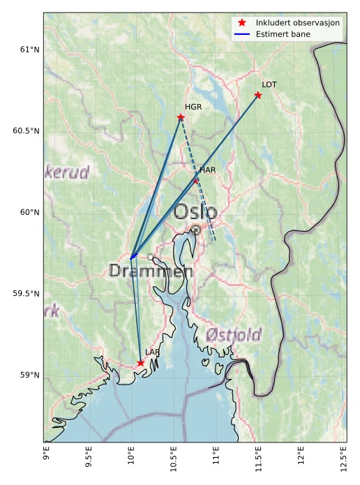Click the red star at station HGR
(181, 117)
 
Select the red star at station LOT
(258, 95)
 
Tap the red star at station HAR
(196, 180)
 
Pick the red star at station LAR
(140, 363)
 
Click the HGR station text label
(193, 107)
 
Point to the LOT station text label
(269, 84)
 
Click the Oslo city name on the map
(195, 211)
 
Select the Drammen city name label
(151, 271)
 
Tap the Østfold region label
(234, 334)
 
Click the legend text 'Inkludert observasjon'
(298, 23)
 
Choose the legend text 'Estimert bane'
(283, 34)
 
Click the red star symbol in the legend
(242, 23)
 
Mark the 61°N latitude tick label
(29, 50)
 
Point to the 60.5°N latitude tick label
(27, 131)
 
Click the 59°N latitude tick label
(29, 375)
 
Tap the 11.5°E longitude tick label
(258, 458)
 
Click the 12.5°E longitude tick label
(343, 458)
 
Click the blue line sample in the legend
(242, 34)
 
